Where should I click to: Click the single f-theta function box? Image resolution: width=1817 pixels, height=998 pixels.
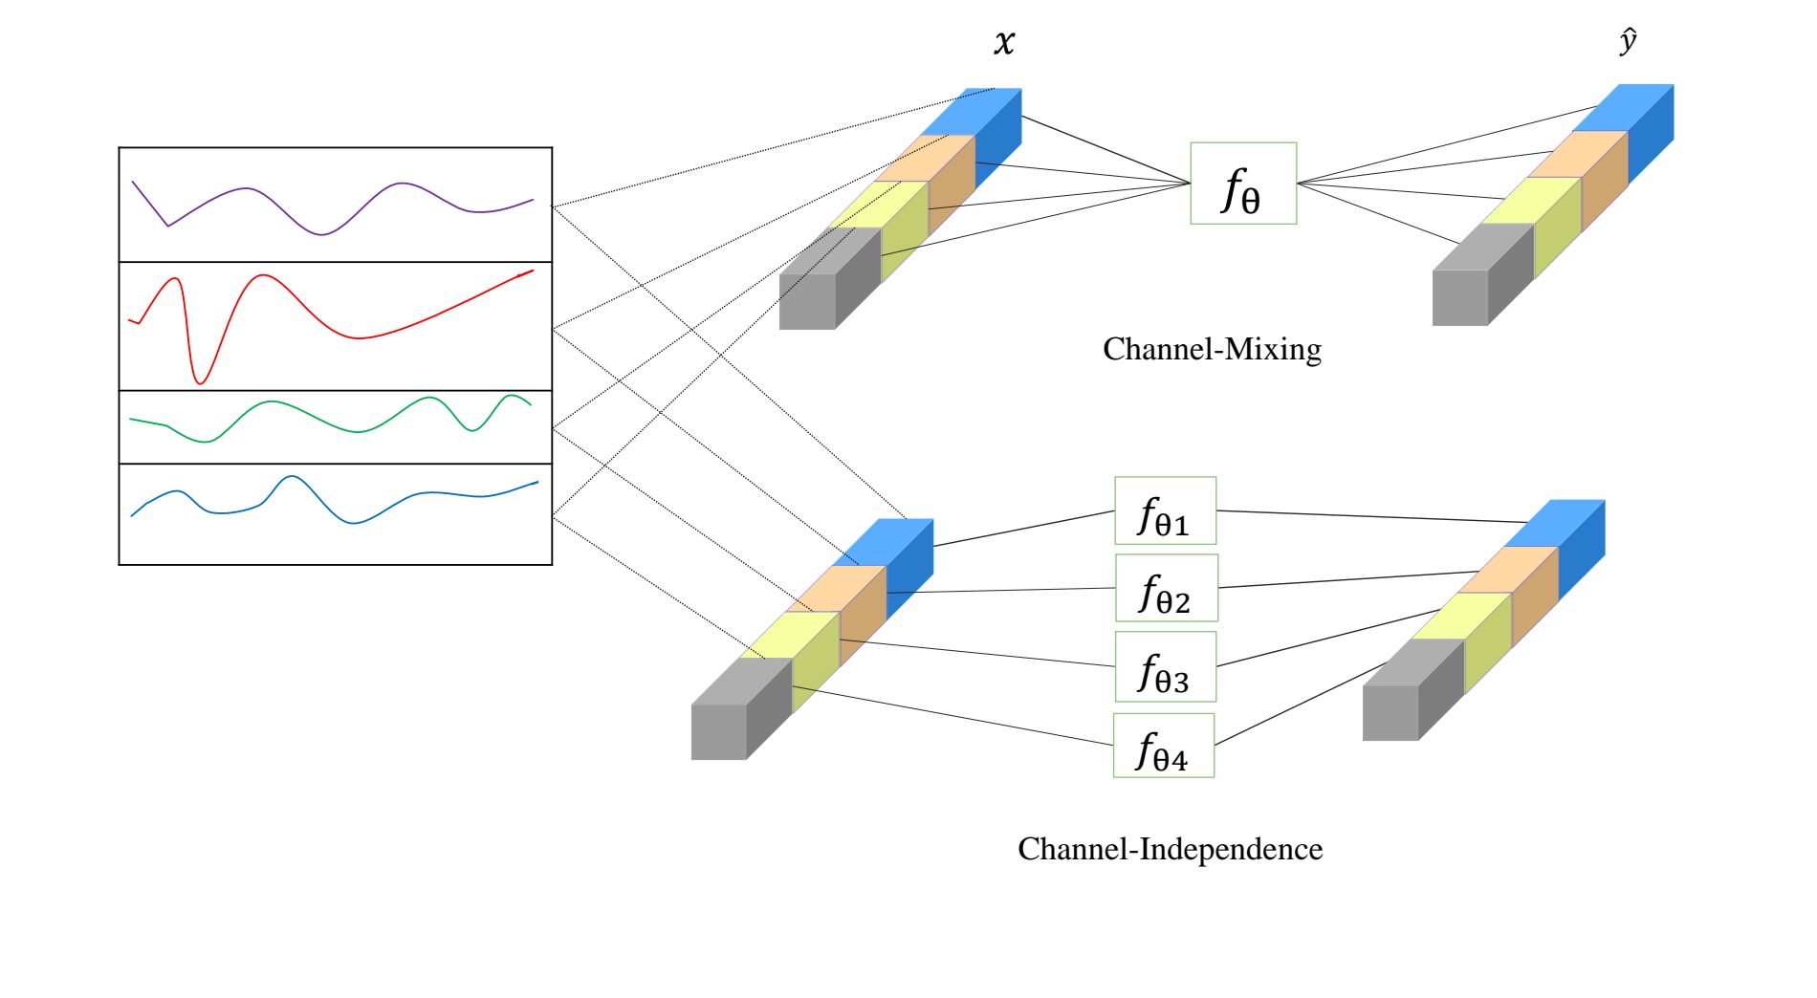pyautogui.click(x=1243, y=184)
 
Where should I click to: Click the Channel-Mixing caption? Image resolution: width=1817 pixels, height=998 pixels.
pyautogui.click(x=1212, y=349)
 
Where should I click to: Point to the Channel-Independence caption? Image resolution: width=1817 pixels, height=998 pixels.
pyautogui.click(x=1170, y=849)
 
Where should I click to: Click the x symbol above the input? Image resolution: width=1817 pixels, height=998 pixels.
pyautogui.click(x=1004, y=43)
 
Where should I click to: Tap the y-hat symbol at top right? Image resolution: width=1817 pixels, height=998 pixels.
pyautogui.click(x=1628, y=41)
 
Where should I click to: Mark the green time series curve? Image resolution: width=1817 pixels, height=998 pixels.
pyautogui.click(x=273, y=402)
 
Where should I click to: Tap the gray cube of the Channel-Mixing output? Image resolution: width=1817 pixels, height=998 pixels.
pyautogui.click(x=1461, y=296)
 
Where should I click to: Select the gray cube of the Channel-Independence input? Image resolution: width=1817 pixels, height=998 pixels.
pyautogui.click(x=720, y=731)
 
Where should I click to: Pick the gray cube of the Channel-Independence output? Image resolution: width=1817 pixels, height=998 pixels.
pyautogui.click(x=1391, y=712)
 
